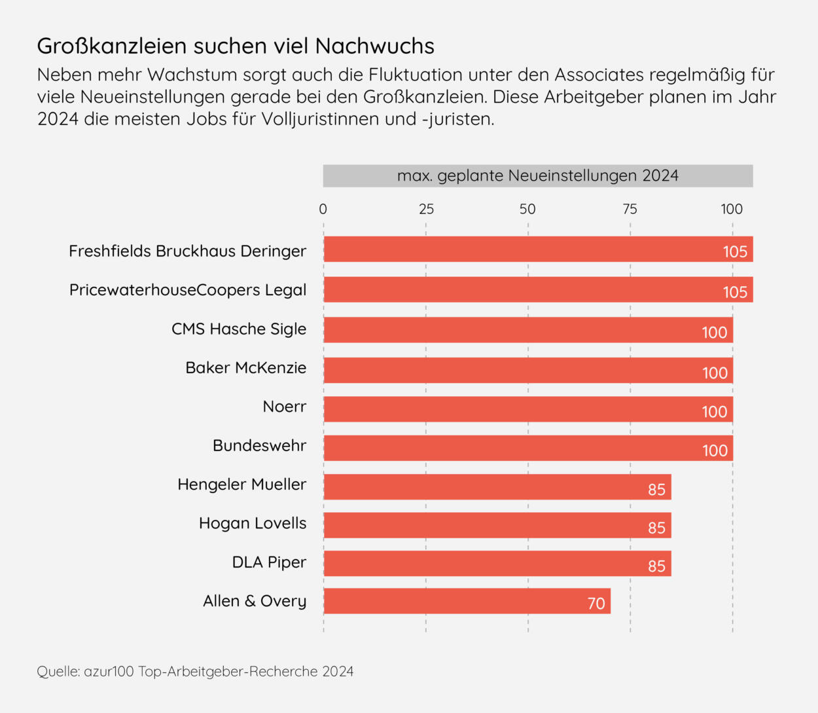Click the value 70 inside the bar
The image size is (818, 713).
pos(596,603)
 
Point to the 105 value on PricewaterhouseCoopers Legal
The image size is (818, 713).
pos(735,292)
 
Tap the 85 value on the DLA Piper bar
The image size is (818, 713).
pos(656,566)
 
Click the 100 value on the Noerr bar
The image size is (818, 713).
pos(715,412)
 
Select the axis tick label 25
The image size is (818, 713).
pos(426,210)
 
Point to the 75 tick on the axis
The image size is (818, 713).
pos(630,210)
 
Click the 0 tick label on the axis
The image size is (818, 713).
pos(323,210)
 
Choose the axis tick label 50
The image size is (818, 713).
pos(527,210)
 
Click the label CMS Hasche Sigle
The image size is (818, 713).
pos(239,329)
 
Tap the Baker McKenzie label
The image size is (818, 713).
pos(246,368)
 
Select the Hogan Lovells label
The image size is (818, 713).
pos(253,523)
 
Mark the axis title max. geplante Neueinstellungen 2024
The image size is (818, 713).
pos(538,176)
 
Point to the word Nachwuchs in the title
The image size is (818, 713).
pos(375,46)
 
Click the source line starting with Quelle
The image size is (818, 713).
pos(195,672)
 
